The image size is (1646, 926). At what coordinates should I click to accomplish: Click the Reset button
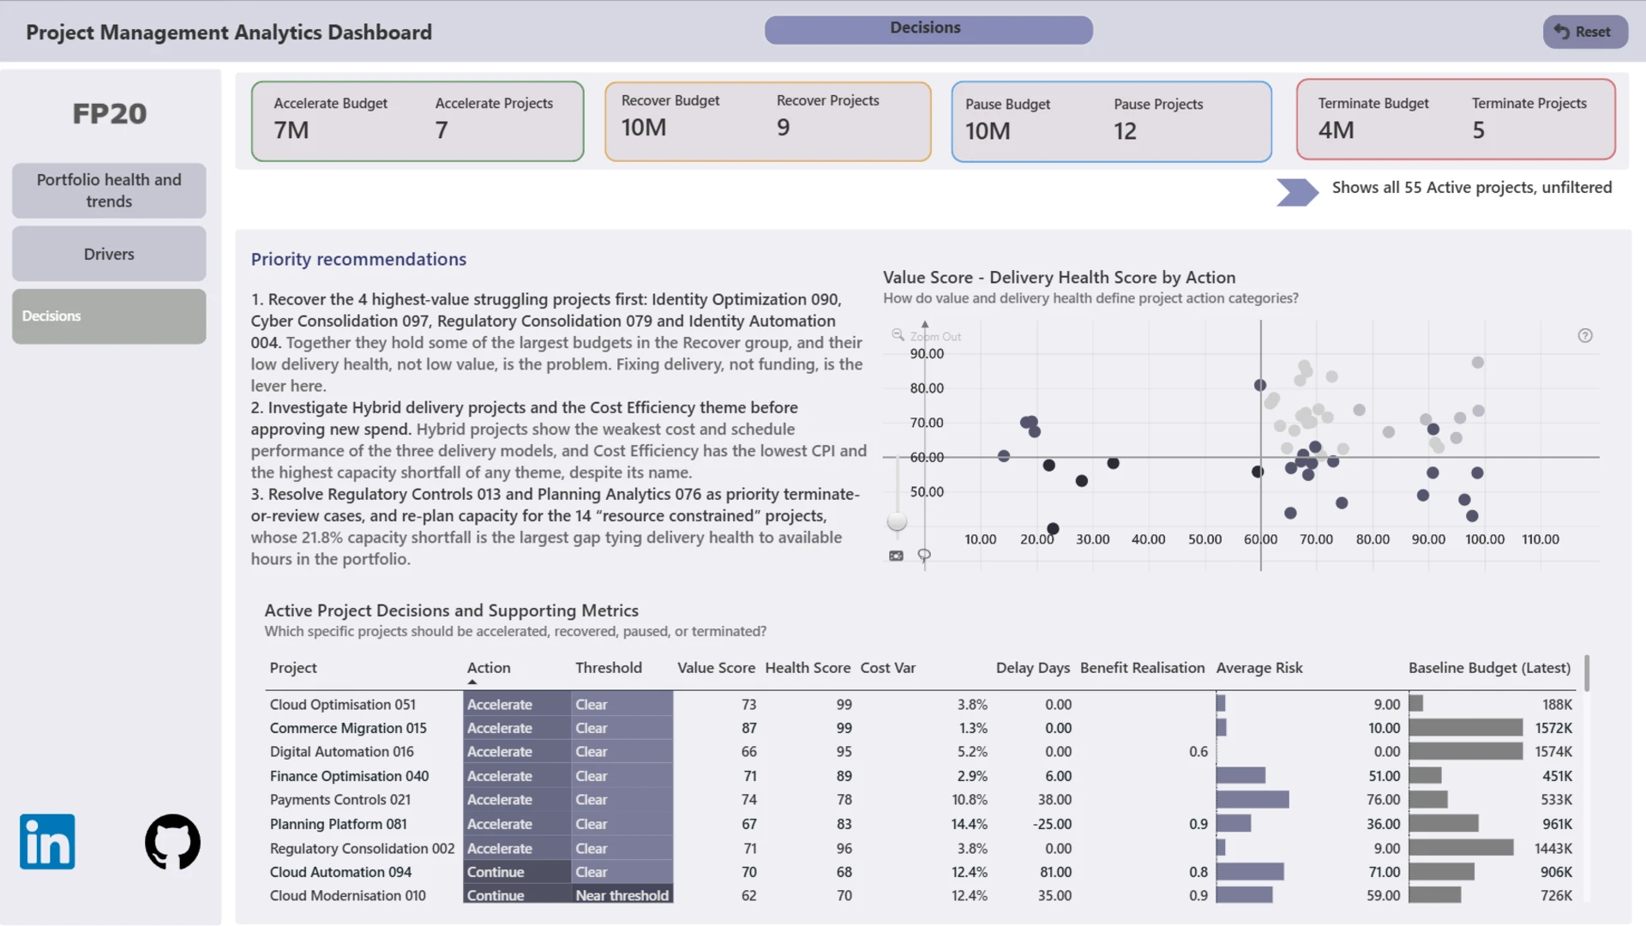click(1584, 32)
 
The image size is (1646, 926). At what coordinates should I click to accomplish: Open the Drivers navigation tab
click(109, 254)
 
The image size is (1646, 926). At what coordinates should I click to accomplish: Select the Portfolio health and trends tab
click(109, 190)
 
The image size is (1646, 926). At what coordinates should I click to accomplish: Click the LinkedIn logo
click(47, 841)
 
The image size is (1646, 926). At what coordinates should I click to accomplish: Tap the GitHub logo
click(172, 841)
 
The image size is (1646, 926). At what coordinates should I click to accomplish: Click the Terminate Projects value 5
click(1478, 130)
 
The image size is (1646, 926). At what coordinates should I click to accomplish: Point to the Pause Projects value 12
click(1125, 131)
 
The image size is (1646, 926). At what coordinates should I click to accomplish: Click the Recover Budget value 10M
click(644, 128)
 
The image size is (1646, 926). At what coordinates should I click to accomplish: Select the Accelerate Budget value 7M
click(291, 130)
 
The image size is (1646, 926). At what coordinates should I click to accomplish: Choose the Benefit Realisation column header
click(1142, 668)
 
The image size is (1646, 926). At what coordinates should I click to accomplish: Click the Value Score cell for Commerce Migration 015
click(749, 728)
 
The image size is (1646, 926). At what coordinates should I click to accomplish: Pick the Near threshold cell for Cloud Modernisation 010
click(622, 895)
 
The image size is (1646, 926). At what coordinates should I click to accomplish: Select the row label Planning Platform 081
click(339, 824)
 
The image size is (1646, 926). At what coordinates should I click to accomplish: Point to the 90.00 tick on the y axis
click(927, 354)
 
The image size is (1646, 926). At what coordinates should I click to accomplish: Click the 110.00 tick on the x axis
click(1541, 539)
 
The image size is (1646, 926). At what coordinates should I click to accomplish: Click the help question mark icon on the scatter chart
click(1585, 336)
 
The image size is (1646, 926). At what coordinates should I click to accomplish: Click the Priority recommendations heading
click(358, 260)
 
